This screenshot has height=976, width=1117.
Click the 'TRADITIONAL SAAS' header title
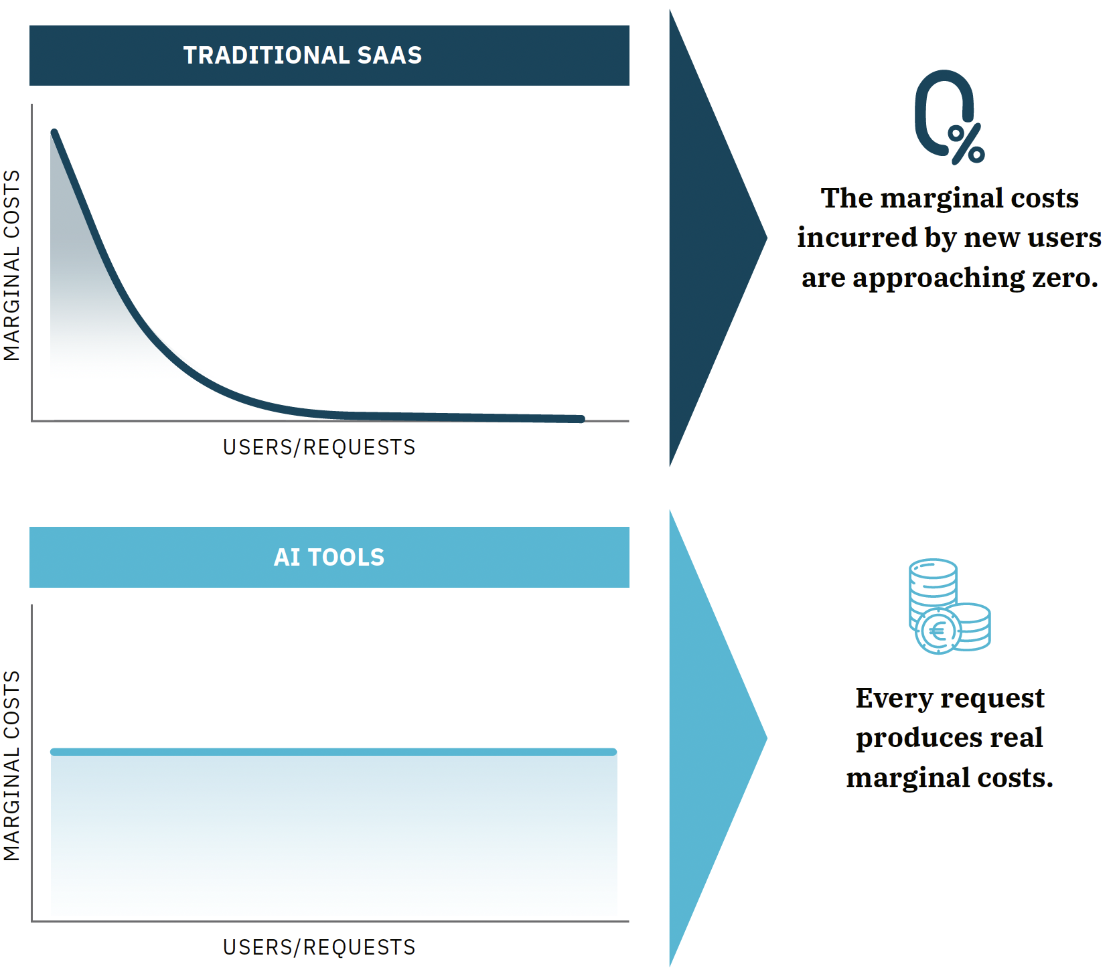(x=303, y=55)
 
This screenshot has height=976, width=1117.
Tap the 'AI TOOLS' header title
(x=329, y=557)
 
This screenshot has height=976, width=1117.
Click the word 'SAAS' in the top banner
(x=390, y=55)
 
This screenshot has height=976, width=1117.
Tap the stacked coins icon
(x=950, y=606)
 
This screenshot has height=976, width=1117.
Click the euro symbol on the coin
(x=938, y=631)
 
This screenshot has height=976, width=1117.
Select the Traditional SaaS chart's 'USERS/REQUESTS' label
(x=319, y=447)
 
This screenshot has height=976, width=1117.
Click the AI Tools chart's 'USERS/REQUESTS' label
(x=319, y=947)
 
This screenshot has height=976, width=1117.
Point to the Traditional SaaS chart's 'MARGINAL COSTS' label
(x=12, y=265)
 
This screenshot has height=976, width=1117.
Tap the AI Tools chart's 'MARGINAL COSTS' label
(x=12, y=765)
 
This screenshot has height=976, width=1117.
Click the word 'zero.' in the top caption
(x=1065, y=277)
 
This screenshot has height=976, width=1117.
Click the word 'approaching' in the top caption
(x=938, y=278)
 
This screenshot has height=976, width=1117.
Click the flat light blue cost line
(x=333, y=752)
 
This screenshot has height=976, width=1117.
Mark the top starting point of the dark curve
(x=54, y=132)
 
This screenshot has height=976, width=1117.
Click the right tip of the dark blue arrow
(x=767, y=238)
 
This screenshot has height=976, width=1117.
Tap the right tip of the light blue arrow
(x=767, y=738)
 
